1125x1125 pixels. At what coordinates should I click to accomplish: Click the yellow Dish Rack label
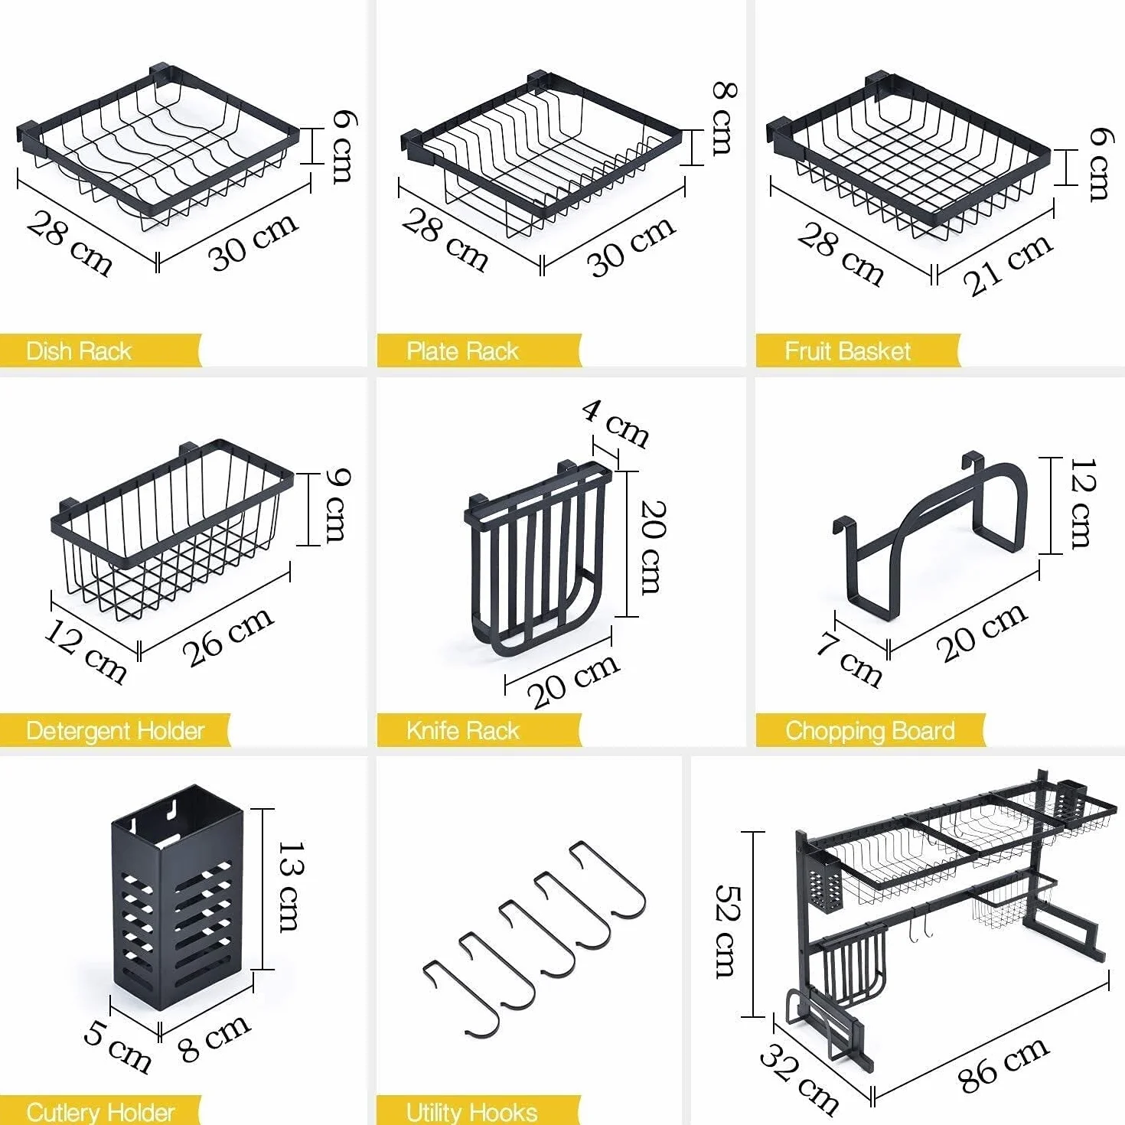click(x=79, y=351)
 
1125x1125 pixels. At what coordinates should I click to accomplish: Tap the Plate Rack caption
click(x=462, y=351)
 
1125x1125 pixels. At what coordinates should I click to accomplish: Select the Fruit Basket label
click(x=847, y=351)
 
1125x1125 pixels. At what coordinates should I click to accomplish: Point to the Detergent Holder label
click(x=115, y=731)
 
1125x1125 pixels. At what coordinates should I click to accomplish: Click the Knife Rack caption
click(x=462, y=731)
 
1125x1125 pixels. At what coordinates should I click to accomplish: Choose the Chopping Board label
click(x=870, y=731)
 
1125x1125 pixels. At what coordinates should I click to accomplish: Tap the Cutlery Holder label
click(x=100, y=1111)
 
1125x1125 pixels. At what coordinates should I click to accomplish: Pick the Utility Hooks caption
click(x=471, y=1111)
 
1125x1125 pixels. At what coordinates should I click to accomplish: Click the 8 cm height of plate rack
click(x=724, y=119)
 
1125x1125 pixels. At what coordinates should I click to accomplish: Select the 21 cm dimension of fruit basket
click(x=1008, y=265)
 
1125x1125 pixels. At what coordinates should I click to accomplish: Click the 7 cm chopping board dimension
click(x=849, y=660)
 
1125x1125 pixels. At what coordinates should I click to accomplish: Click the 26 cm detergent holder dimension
click(x=228, y=636)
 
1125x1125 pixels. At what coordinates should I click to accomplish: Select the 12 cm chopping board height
click(x=1084, y=504)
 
